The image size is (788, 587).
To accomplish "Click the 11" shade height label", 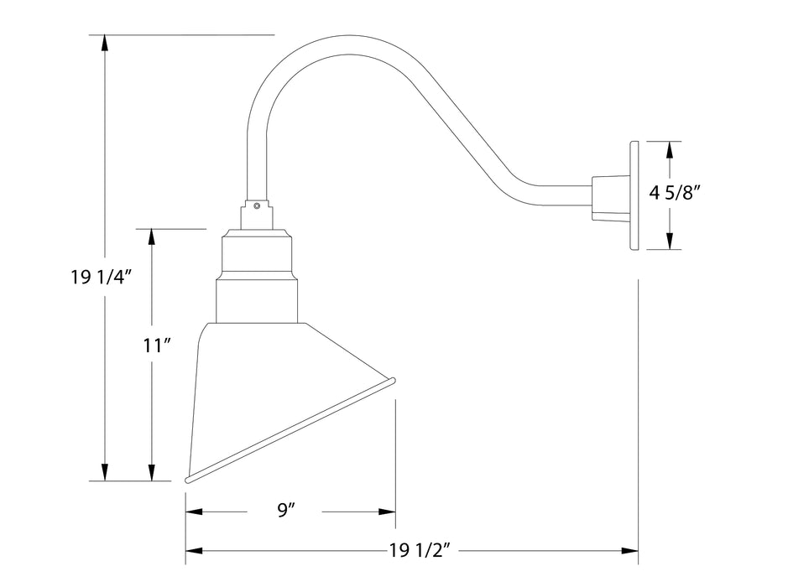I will (x=158, y=345).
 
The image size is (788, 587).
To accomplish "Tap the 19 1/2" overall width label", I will (x=421, y=550).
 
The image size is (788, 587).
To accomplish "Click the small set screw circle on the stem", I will (x=257, y=204).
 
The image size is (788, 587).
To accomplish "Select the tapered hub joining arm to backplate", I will (x=607, y=198).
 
